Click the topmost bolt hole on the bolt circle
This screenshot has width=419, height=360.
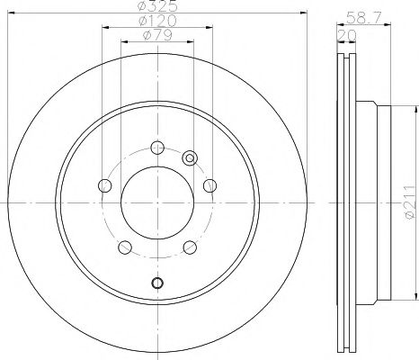[157, 148]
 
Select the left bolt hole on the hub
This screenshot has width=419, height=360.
[104, 186]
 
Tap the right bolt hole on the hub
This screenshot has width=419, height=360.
[210, 186]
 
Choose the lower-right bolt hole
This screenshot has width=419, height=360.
[190, 249]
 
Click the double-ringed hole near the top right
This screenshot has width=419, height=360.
[190, 158]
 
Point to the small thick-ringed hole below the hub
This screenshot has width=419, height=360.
[157, 284]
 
